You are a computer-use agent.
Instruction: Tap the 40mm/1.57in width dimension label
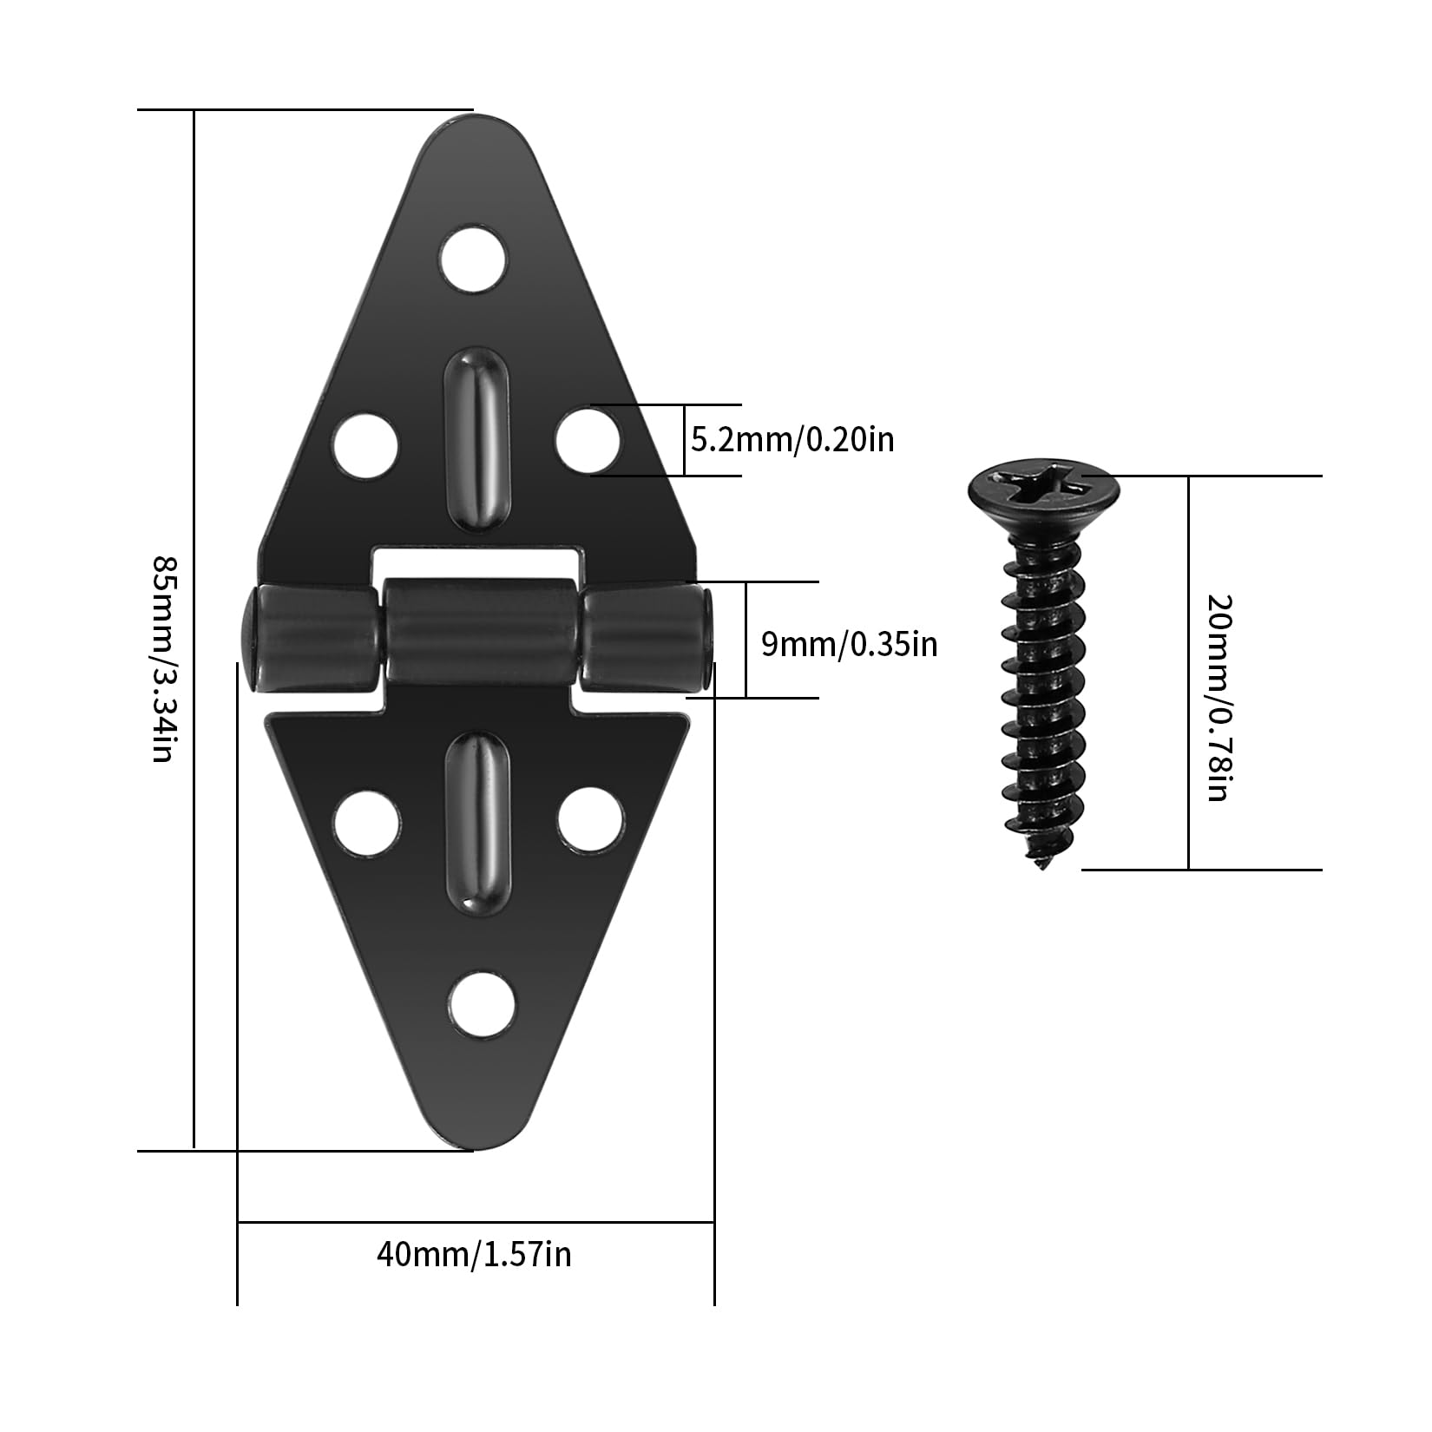click(474, 1254)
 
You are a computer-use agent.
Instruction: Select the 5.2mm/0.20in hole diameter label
click(792, 440)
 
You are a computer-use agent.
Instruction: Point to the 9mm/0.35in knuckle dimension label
click(850, 644)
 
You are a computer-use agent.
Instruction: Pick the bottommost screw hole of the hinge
click(483, 1004)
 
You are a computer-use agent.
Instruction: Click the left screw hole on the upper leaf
click(365, 447)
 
